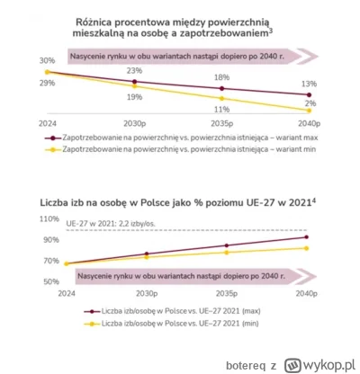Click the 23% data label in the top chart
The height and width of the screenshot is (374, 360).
[134, 70]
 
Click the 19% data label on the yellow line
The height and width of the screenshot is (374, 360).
[134, 96]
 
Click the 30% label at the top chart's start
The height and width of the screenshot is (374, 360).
[46, 60]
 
